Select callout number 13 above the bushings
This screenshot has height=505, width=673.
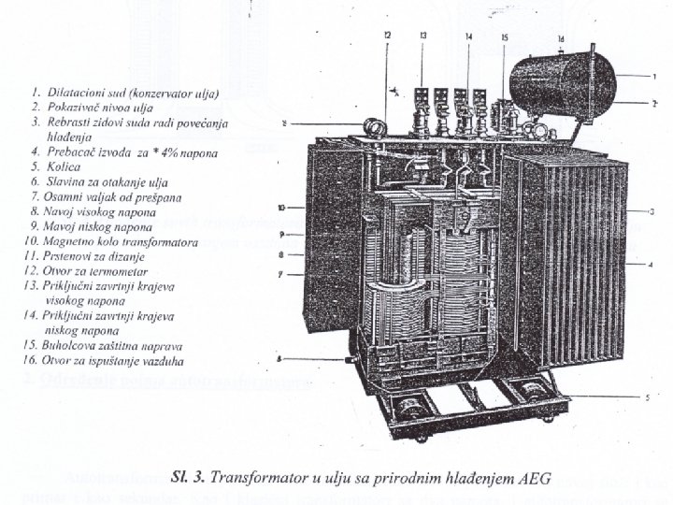(423, 36)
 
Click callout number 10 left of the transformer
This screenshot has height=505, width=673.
(280, 205)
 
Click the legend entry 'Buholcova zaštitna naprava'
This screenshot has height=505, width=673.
(118, 344)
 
